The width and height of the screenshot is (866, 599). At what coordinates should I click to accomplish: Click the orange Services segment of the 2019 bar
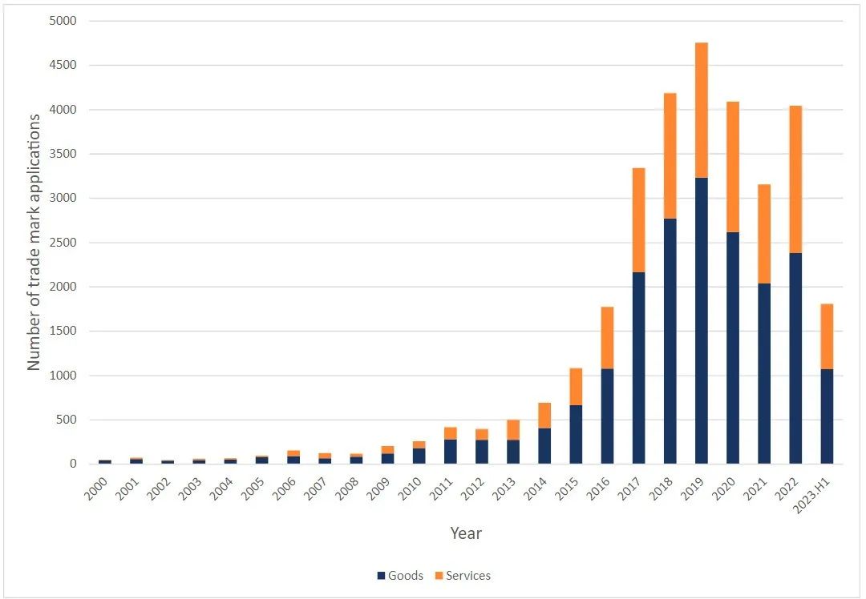(701, 110)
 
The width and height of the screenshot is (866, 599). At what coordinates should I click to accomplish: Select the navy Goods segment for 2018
(670, 341)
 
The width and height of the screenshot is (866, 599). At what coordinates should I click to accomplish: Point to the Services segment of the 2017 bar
(638, 220)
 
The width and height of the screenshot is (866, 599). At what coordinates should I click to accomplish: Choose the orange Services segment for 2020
(733, 167)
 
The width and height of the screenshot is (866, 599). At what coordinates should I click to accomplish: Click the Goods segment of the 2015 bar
(576, 434)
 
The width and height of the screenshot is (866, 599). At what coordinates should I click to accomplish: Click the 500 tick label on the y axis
(64, 420)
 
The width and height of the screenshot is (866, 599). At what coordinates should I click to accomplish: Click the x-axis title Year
(466, 533)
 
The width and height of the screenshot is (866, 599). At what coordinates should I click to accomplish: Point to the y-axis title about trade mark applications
(34, 242)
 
